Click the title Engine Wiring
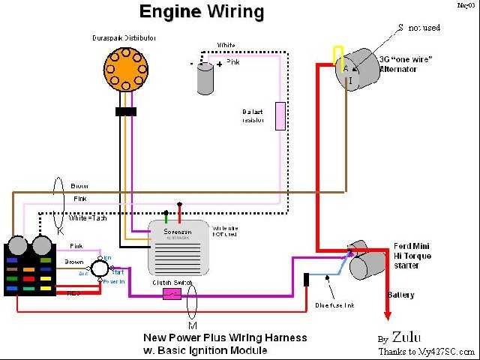coord(202,13)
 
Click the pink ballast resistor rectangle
coord(280,116)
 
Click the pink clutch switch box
coord(172,295)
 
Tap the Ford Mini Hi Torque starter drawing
coord(366,261)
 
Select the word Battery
coord(400,295)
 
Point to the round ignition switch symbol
coord(98,268)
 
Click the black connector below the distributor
coord(125,112)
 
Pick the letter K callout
coord(61,231)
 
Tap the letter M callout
coord(192,325)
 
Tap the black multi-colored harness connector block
coord(30,268)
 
